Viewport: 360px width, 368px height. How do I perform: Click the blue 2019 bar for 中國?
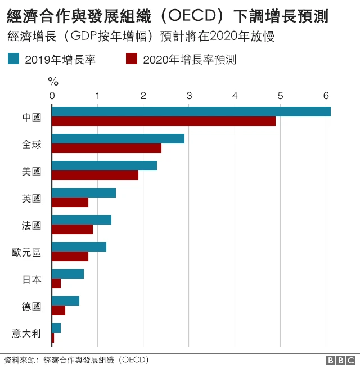click(191, 112)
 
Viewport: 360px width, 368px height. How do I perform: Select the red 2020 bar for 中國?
click(164, 122)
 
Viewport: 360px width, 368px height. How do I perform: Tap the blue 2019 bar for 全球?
click(118, 139)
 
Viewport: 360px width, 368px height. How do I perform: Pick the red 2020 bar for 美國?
click(95, 176)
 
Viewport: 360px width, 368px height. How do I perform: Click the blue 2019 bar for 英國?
click(84, 193)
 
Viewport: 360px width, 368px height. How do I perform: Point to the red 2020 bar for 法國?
click(72, 230)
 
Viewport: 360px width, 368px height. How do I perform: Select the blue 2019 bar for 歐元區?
click(79, 247)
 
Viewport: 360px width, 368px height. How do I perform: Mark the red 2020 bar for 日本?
click(56, 284)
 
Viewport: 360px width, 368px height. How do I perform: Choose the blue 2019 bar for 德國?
click(65, 301)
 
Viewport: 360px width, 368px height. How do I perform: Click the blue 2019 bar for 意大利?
click(56, 328)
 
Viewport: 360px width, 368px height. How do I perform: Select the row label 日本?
click(31, 279)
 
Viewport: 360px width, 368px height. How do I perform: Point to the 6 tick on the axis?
click(326, 96)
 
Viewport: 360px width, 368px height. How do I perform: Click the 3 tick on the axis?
click(189, 96)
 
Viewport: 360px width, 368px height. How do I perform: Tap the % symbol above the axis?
click(53, 82)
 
